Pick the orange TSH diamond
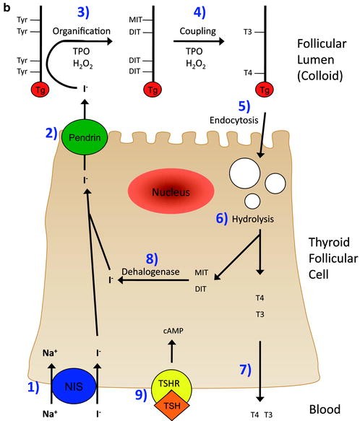click(x=171, y=402)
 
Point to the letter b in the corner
click(x=6, y=6)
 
